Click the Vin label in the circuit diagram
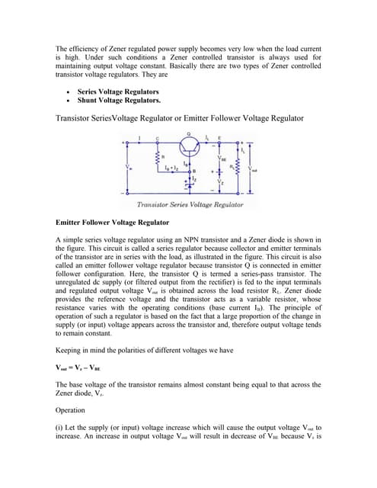click(128, 169)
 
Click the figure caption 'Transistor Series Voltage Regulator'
click(190, 205)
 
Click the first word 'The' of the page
click(63, 47)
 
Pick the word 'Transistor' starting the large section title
click(80, 118)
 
